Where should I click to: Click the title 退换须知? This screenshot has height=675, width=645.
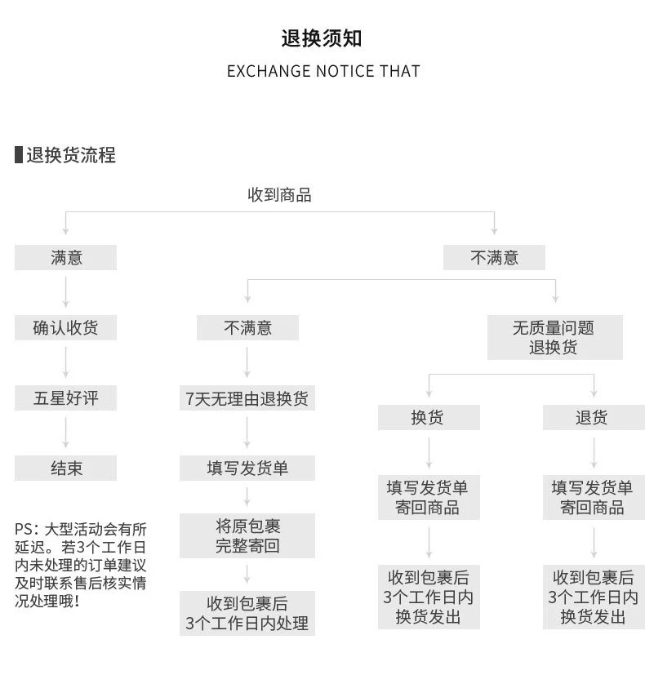point(322,38)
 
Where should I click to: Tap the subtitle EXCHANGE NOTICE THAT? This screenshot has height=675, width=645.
point(322,71)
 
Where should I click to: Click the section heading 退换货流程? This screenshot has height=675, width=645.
point(71,155)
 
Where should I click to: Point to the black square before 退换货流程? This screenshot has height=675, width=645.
point(19,155)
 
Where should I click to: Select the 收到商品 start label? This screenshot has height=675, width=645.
point(279,195)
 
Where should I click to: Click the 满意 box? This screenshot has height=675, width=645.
point(66,258)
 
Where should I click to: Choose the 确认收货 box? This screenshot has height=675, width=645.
point(66,328)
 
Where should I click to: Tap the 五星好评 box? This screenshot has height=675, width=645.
point(66,398)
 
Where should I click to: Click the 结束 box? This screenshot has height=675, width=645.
point(66,468)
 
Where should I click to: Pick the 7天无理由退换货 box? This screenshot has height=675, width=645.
point(247,398)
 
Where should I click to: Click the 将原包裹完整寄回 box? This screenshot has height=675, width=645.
point(247,535)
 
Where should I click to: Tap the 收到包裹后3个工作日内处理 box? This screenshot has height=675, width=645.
point(247,614)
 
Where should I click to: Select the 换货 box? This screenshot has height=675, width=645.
point(429,418)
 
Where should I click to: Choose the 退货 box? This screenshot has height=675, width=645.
point(594,418)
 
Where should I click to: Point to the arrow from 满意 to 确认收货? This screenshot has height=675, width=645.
point(66,293)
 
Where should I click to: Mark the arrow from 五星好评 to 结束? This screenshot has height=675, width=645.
point(66,433)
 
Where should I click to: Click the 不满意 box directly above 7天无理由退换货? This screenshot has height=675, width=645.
point(247,328)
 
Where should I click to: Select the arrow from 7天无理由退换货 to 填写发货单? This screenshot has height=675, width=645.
point(247,433)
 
